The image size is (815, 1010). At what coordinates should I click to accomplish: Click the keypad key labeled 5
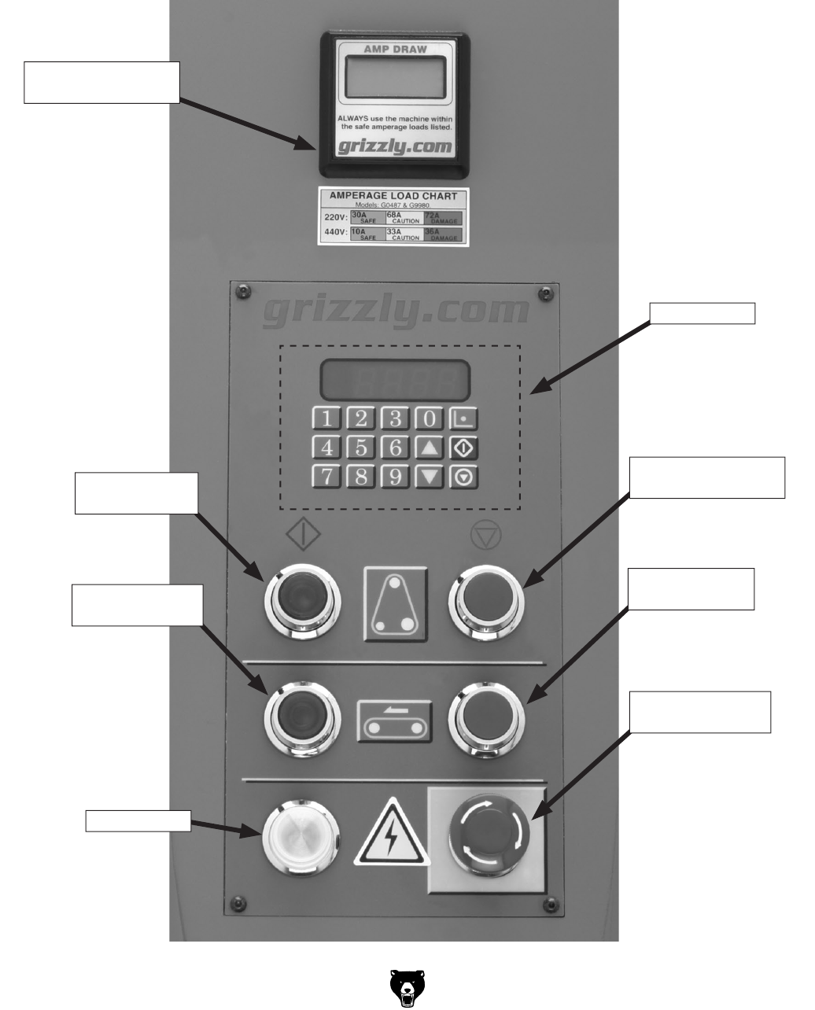pos(361,448)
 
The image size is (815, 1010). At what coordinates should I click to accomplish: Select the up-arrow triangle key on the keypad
pos(430,448)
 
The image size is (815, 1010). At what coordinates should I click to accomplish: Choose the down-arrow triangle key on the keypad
pos(430,477)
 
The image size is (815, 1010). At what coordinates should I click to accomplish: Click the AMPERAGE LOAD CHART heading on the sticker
pos(393,195)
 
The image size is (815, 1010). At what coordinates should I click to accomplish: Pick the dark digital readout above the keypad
pos(395,381)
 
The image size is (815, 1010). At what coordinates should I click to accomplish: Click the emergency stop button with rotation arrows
pos(489,838)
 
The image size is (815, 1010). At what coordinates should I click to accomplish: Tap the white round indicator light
pos(301,837)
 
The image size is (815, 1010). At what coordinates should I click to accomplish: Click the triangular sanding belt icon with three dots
pos(396,603)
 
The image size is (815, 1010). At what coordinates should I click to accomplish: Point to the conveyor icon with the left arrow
pos(395,720)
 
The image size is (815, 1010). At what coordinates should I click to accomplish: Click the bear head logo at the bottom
pos(407,987)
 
